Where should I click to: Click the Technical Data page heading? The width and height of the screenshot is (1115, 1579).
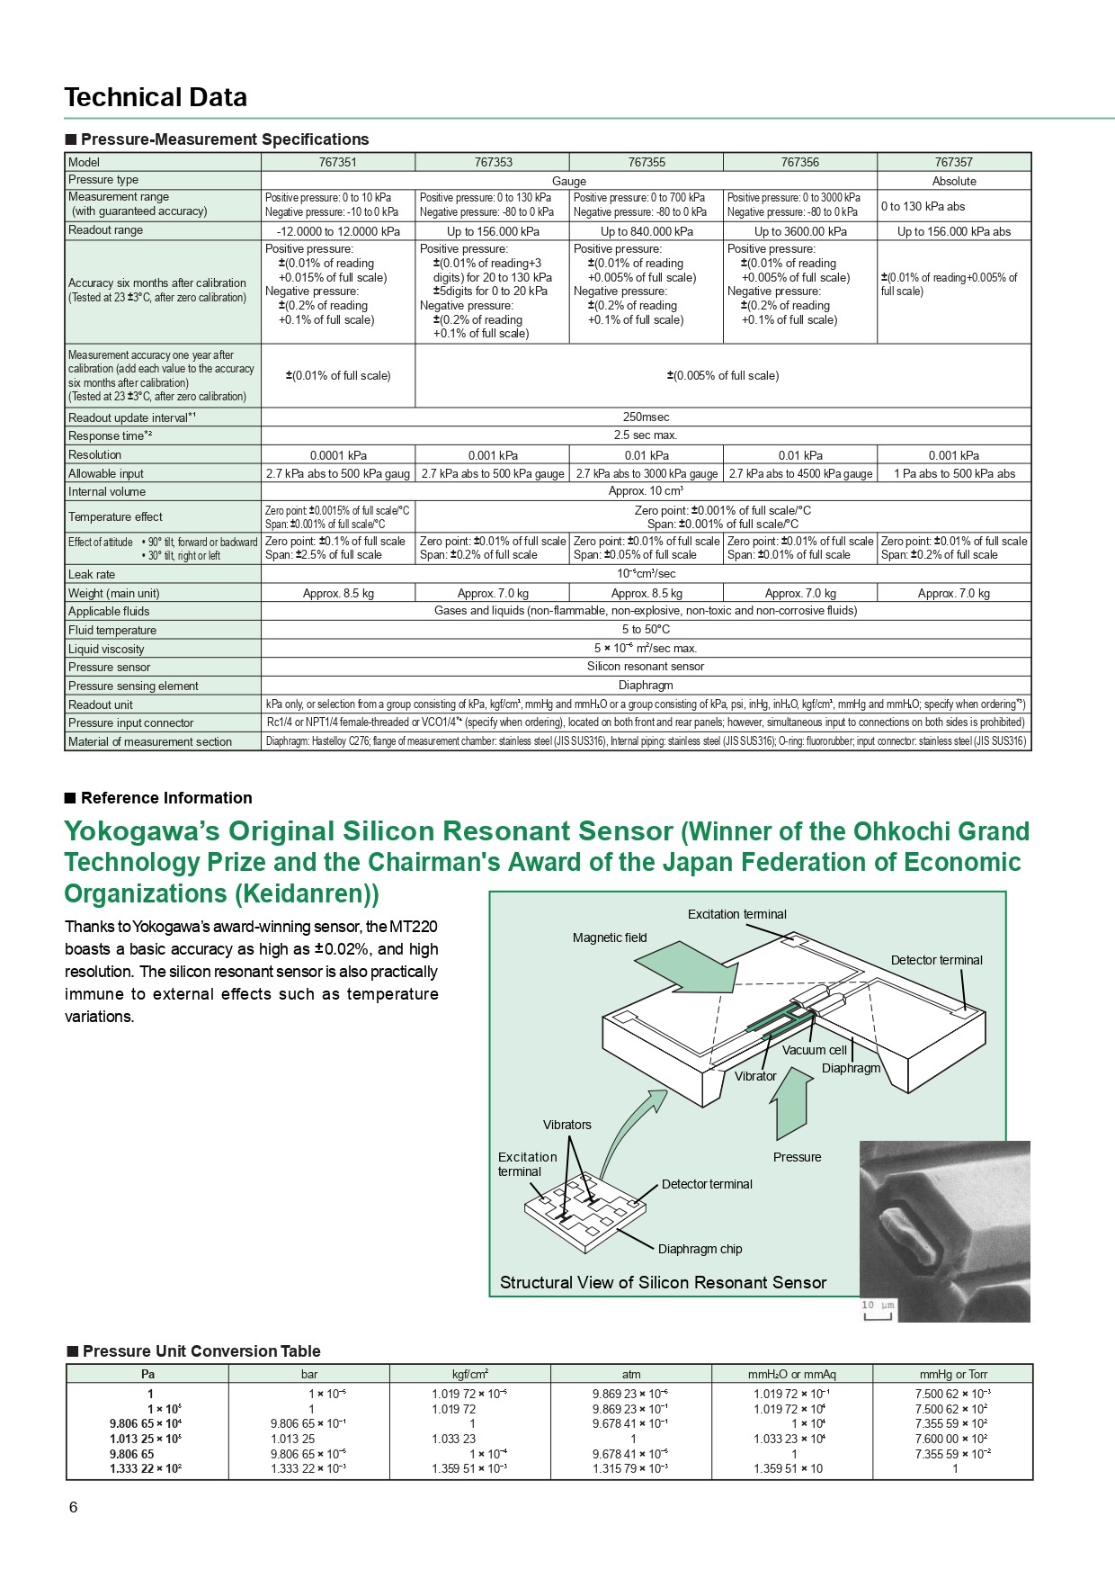(x=156, y=97)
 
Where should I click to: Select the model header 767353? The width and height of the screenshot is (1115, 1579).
(x=493, y=162)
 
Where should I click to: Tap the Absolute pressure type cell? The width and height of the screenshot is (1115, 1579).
(x=954, y=181)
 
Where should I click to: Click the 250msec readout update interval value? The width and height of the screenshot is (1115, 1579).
(x=646, y=417)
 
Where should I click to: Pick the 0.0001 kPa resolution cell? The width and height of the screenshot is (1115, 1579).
(x=338, y=455)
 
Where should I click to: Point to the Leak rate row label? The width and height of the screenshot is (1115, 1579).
(x=92, y=574)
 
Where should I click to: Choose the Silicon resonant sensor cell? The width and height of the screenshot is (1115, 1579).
(x=646, y=667)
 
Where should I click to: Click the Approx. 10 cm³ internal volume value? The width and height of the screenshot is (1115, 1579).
(x=646, y=492)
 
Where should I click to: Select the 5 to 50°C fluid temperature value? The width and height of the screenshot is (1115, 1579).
(x=646, y=630)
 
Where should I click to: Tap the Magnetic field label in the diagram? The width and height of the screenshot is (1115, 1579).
(x=610, y=938)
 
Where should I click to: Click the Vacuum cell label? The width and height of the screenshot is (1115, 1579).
(x=814, y=1050)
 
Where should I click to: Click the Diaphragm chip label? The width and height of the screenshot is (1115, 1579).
(x=700, y=1249)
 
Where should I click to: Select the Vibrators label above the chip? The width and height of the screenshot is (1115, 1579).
(x=566, y=1125)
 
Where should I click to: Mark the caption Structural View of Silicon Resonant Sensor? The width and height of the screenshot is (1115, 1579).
(x=663, y=1283)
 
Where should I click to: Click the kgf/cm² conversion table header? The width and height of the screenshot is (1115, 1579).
(x=469, y=1374)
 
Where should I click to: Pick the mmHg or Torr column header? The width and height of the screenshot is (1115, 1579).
(x=953, y=1374)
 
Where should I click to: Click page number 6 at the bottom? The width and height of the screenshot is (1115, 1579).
(x=74, y=1507)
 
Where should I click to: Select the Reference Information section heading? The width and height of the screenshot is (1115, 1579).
(x=166, y=798)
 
